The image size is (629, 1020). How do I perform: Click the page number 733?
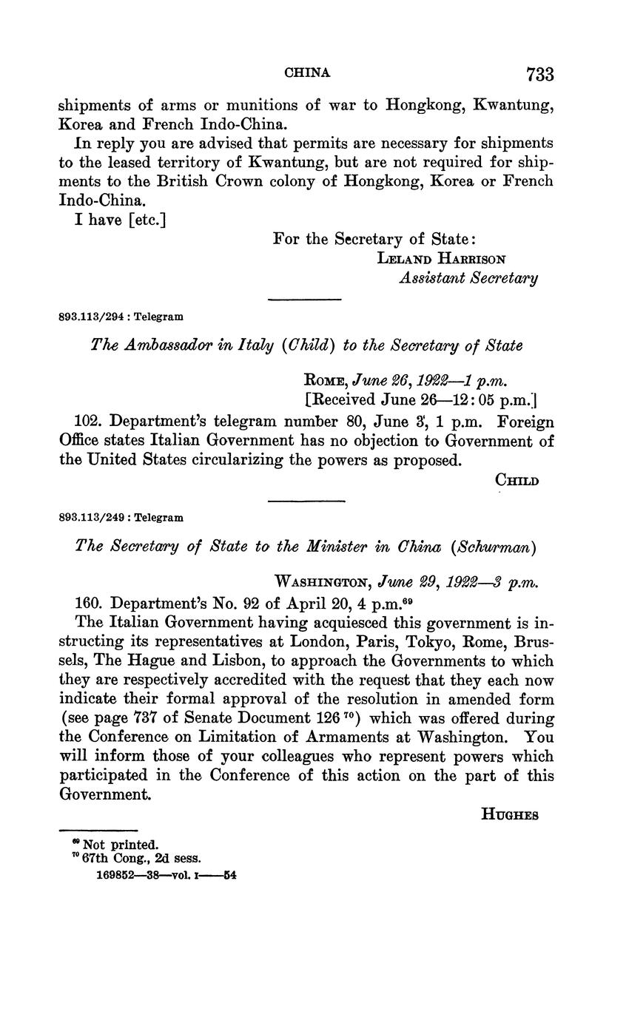[539, 74]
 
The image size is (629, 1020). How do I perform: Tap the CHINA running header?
[307, 73]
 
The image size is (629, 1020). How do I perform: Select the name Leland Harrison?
[442, 259]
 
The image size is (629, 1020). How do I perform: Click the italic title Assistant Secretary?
[468, 278]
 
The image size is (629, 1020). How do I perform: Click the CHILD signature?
[517, 481]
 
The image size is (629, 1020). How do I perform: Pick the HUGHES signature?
[509, 815]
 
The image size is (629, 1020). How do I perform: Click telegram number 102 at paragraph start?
[89, 422]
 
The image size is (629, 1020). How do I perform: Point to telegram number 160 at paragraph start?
[89, 602]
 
